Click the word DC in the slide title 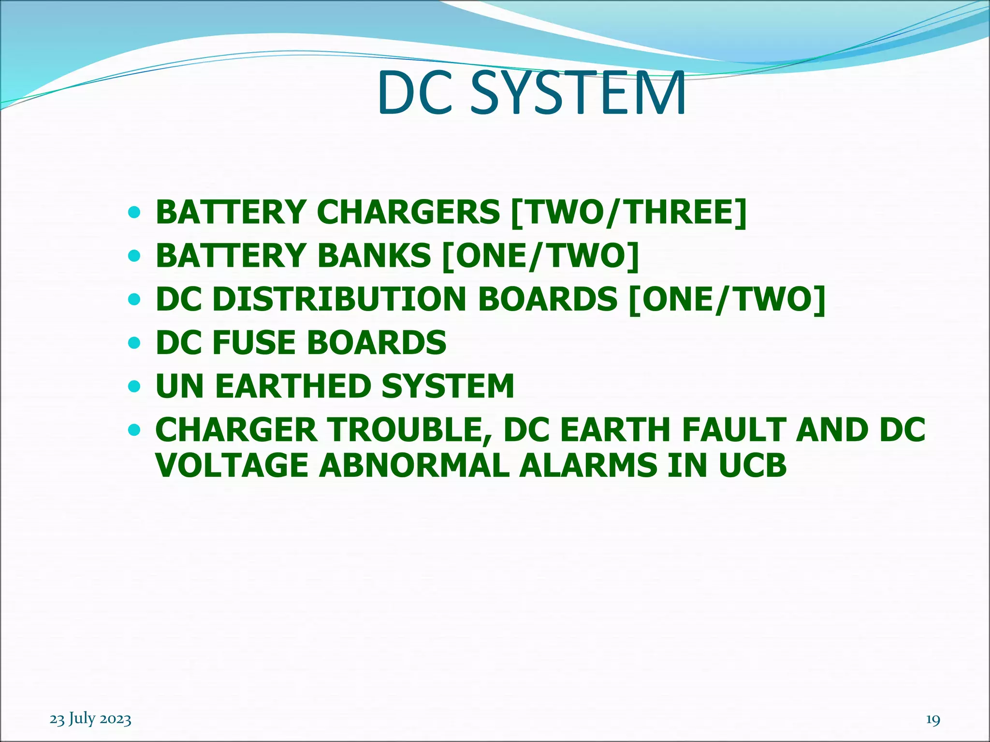(416, 93)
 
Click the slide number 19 (933, 719)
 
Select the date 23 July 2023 (90, 719)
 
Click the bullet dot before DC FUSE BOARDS (134, 343)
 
